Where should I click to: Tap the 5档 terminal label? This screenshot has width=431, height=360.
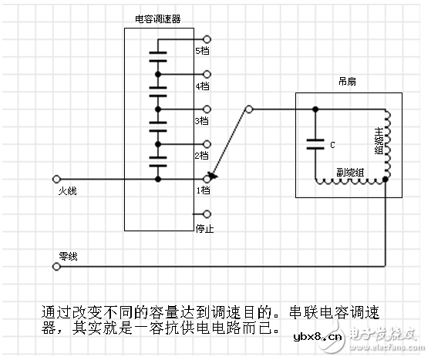(x=202, y=50)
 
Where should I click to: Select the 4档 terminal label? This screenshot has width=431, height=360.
(x=202, y=86)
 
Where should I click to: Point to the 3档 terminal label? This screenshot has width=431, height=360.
(x=202, y=120)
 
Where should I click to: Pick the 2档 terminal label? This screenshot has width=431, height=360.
(x=202, y=155)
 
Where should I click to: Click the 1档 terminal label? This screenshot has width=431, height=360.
(x=202, y=190)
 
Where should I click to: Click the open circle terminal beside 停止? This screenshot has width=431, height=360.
(x=206, y=214)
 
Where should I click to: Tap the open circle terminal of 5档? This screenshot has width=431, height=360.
(x=206, y=39)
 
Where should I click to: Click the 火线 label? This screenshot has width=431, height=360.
(x=68, y=190)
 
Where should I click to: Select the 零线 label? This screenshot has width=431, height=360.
(x=68, y=255)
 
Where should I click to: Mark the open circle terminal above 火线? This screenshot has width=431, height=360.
(x=56, y=179)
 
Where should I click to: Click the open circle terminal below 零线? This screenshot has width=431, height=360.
(x=56, y=267)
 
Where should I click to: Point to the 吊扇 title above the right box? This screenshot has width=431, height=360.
(x=347, y=81)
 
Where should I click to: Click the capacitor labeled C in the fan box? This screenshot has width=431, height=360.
(x=315, y=143)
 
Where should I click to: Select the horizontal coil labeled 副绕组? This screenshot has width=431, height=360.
(x=351, y=182)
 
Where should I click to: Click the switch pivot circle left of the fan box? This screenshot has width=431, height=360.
(x=248, y=109)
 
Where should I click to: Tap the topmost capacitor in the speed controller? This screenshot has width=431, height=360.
(x=158, y=57)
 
